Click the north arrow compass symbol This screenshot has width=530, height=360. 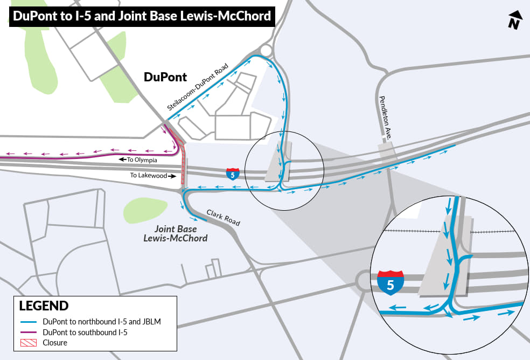tap(515, 20)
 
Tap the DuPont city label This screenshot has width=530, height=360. tap(165, 77)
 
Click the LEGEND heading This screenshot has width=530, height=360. tap(44, 306)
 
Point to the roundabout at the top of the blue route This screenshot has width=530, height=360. tap(266, 51)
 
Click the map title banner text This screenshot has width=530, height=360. tap(142, 16)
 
